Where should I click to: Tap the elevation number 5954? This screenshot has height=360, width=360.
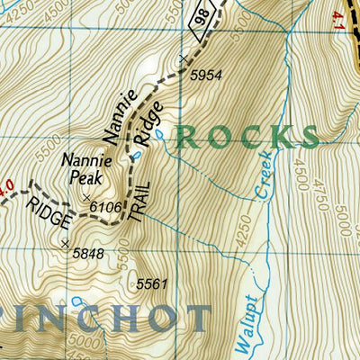[204, 77]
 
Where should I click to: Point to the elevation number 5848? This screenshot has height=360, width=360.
[87, 253]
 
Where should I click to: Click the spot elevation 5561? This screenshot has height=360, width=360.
[152, 284]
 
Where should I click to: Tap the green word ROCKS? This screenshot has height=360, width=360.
[247, 136]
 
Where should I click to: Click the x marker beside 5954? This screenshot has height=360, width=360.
[183, 59]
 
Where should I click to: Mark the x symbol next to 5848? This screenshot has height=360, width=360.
[64, 243]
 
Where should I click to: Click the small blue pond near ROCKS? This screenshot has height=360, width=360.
[157, 135]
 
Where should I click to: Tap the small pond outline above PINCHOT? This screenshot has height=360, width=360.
[77, 299]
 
